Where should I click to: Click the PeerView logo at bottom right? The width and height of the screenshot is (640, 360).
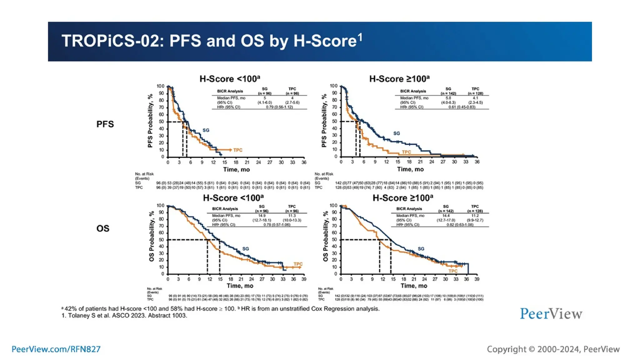(x=551, y=314)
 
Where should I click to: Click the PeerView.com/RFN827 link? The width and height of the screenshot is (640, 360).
(x=56, y=349)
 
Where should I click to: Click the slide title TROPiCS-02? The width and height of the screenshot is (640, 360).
(x=212, y=41)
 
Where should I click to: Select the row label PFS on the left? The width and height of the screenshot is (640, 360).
(x=105, y=124)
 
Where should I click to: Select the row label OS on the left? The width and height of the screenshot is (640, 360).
(x=103, y=228)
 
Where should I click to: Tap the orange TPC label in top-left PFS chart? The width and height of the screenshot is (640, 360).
(x=238, y=150)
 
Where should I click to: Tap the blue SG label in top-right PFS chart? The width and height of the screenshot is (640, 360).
(x=396, y=133)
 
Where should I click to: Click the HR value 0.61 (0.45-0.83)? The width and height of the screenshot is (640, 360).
(x=462, y=107)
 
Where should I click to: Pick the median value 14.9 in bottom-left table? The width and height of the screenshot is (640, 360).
(x=262, y=216)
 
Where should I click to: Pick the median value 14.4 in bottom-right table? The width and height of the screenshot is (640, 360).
(x=446, y=216)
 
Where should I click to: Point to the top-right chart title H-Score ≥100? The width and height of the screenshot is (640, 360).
(x=399, y=79)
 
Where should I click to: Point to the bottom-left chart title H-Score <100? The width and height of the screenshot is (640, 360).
(x=233, y=198)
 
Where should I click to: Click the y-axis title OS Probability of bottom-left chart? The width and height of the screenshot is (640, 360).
(x=152, y=236)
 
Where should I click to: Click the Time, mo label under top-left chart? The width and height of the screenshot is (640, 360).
(x=236, y=169)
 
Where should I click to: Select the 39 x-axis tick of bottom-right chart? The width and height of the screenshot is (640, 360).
(x=477, y=279)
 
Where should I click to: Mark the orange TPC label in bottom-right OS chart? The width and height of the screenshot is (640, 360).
(x=453, y=271)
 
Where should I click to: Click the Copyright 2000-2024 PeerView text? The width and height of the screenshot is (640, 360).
(x=553, y=349)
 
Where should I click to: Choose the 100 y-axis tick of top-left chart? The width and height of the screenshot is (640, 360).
(x=160, y=86)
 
